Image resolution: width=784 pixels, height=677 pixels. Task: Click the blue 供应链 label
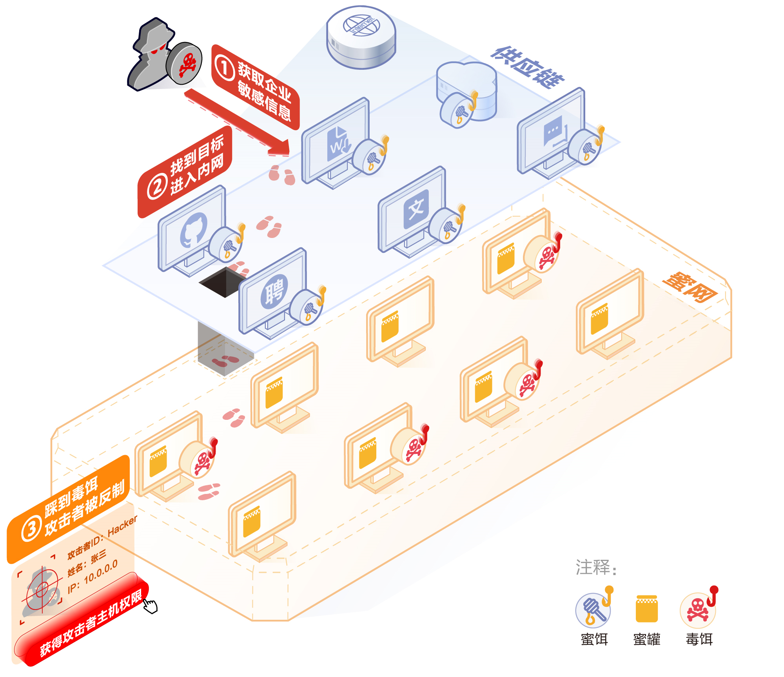point(527,67)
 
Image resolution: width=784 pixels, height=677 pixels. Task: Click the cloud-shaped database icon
point(466,84)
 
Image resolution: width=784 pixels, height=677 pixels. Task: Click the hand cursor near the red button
point(151,606)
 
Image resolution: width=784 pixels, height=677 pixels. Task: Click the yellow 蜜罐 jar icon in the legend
point(646,609)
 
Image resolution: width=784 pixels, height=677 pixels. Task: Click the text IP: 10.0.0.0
point(93,576)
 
